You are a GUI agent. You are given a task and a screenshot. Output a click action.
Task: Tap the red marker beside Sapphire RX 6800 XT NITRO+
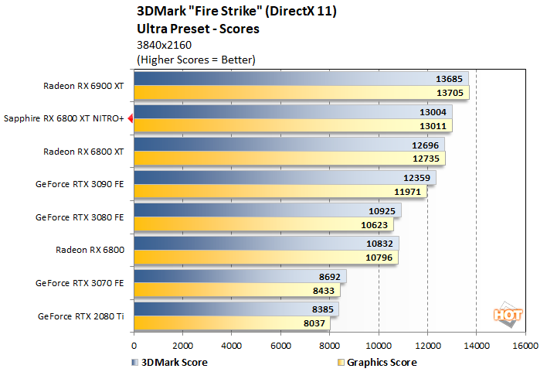point(131,118)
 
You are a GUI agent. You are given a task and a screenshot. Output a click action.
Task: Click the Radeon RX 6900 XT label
point(83,85)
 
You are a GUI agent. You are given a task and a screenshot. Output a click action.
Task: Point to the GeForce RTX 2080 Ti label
point(80,316)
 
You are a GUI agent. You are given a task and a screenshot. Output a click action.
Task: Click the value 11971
point(409,191)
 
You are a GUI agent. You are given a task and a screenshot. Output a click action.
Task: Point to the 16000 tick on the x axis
point(525,345)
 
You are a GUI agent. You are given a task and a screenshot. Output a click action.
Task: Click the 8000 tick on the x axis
point(330,345)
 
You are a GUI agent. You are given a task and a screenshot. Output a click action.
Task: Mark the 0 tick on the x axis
point(134,345)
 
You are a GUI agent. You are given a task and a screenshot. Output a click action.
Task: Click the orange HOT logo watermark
point(508,315)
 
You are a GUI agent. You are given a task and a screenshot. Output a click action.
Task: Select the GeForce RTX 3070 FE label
point(80,283)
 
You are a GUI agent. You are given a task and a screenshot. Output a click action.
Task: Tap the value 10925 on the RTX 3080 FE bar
point(384,211)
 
